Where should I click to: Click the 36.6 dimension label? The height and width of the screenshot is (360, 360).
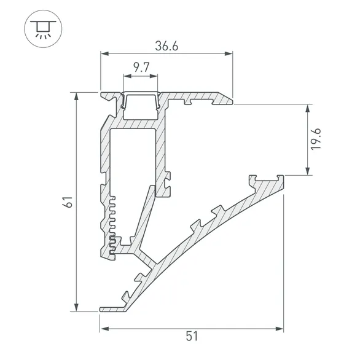166,46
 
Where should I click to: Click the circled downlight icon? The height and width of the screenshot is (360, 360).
42,29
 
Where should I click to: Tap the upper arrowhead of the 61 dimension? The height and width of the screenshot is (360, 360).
76,97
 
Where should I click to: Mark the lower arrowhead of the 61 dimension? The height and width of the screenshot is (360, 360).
76,307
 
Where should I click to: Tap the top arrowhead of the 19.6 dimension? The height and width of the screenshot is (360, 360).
305,109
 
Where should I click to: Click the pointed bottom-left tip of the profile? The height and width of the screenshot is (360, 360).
101,308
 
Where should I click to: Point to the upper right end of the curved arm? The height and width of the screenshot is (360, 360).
284,179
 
